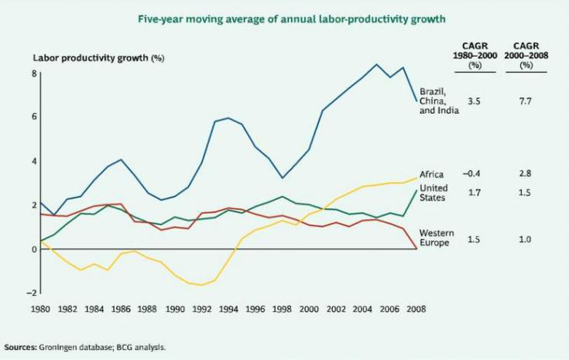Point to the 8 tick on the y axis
[33, 73]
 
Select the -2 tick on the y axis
[32, 293]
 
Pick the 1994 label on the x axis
[228, 310]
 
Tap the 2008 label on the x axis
[416, 310]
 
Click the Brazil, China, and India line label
[438, 101]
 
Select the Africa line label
[432, 174]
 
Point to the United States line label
[434, 193]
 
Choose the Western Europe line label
[437, 238]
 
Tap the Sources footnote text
[85, 347]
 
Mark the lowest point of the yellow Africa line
[201, 286]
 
